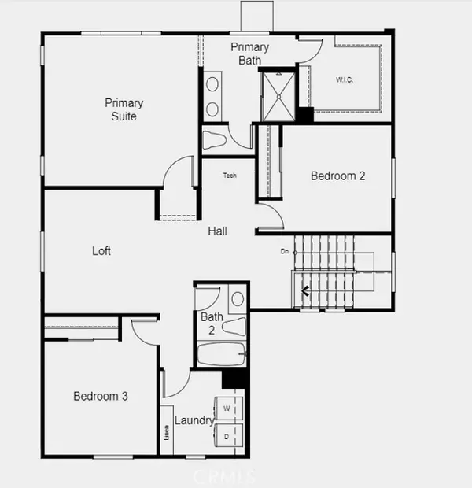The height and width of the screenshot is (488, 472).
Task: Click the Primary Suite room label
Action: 124,109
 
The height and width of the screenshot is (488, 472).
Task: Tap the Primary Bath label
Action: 249,53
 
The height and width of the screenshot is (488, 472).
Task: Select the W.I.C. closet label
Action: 345,79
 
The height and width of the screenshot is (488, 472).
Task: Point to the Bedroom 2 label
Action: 337,176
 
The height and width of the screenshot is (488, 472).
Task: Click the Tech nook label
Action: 230,176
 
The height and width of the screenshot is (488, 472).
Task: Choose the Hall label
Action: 218,231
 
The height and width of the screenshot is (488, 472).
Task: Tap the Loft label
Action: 101,251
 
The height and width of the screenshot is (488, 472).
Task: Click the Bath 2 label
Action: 212,323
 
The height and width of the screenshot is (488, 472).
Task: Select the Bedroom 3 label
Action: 101,396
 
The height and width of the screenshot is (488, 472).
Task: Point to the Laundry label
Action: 194,420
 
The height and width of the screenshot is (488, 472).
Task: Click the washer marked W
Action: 227,409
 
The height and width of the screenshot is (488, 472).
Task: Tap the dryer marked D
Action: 227,436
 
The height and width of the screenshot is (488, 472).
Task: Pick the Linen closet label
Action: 167,431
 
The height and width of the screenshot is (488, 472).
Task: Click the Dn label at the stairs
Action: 285,252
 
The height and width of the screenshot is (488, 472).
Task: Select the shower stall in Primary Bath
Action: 278,95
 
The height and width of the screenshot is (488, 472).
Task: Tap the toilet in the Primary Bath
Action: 215,140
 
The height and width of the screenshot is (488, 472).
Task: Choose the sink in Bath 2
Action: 237,299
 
